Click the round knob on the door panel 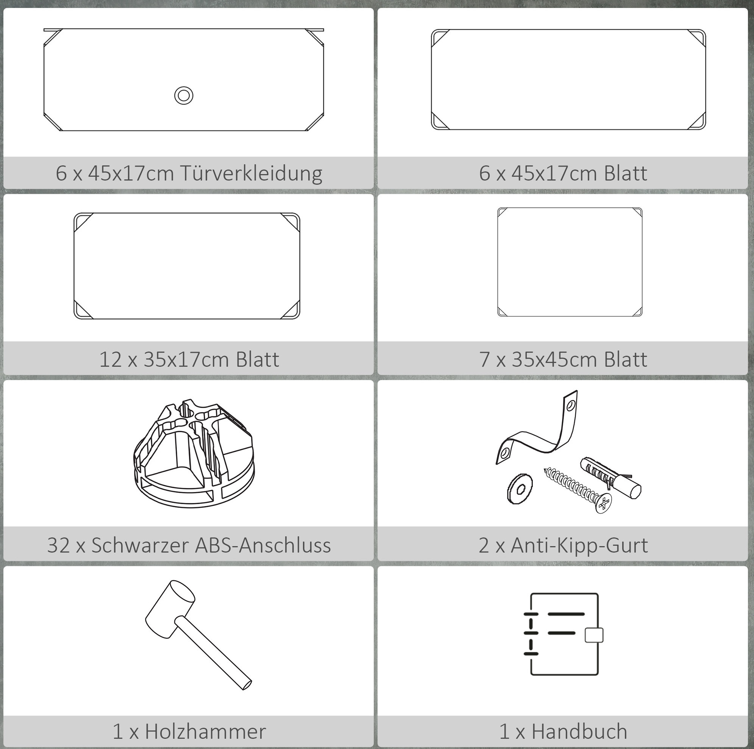pyautogui.click(x=183, y=95)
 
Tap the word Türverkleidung pyautogui.click(x=251, y=173)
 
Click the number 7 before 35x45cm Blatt pyautogui.click(x=484, y=359)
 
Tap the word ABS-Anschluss pyautogui.click(x=263, y=545)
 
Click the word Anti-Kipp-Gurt pyautogui.click(x=579, y=545)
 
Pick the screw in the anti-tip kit pyautogui.click(x=578, y=490)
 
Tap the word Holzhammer pyautogui.click(x=205, y=731)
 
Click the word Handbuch pyautogui.click(x=579, y=731)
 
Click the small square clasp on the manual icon pyautogui.click(x=594, y=635)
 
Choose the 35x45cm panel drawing pyautogui.click(x=570, y=262)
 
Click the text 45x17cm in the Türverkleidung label pyautogui.click(x=131, y=173)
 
